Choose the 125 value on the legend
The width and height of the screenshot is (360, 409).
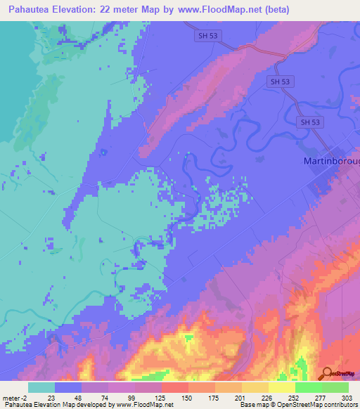[161, 397]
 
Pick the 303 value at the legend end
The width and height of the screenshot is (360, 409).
[347, 397]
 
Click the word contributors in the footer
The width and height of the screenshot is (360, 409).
[340, 405]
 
